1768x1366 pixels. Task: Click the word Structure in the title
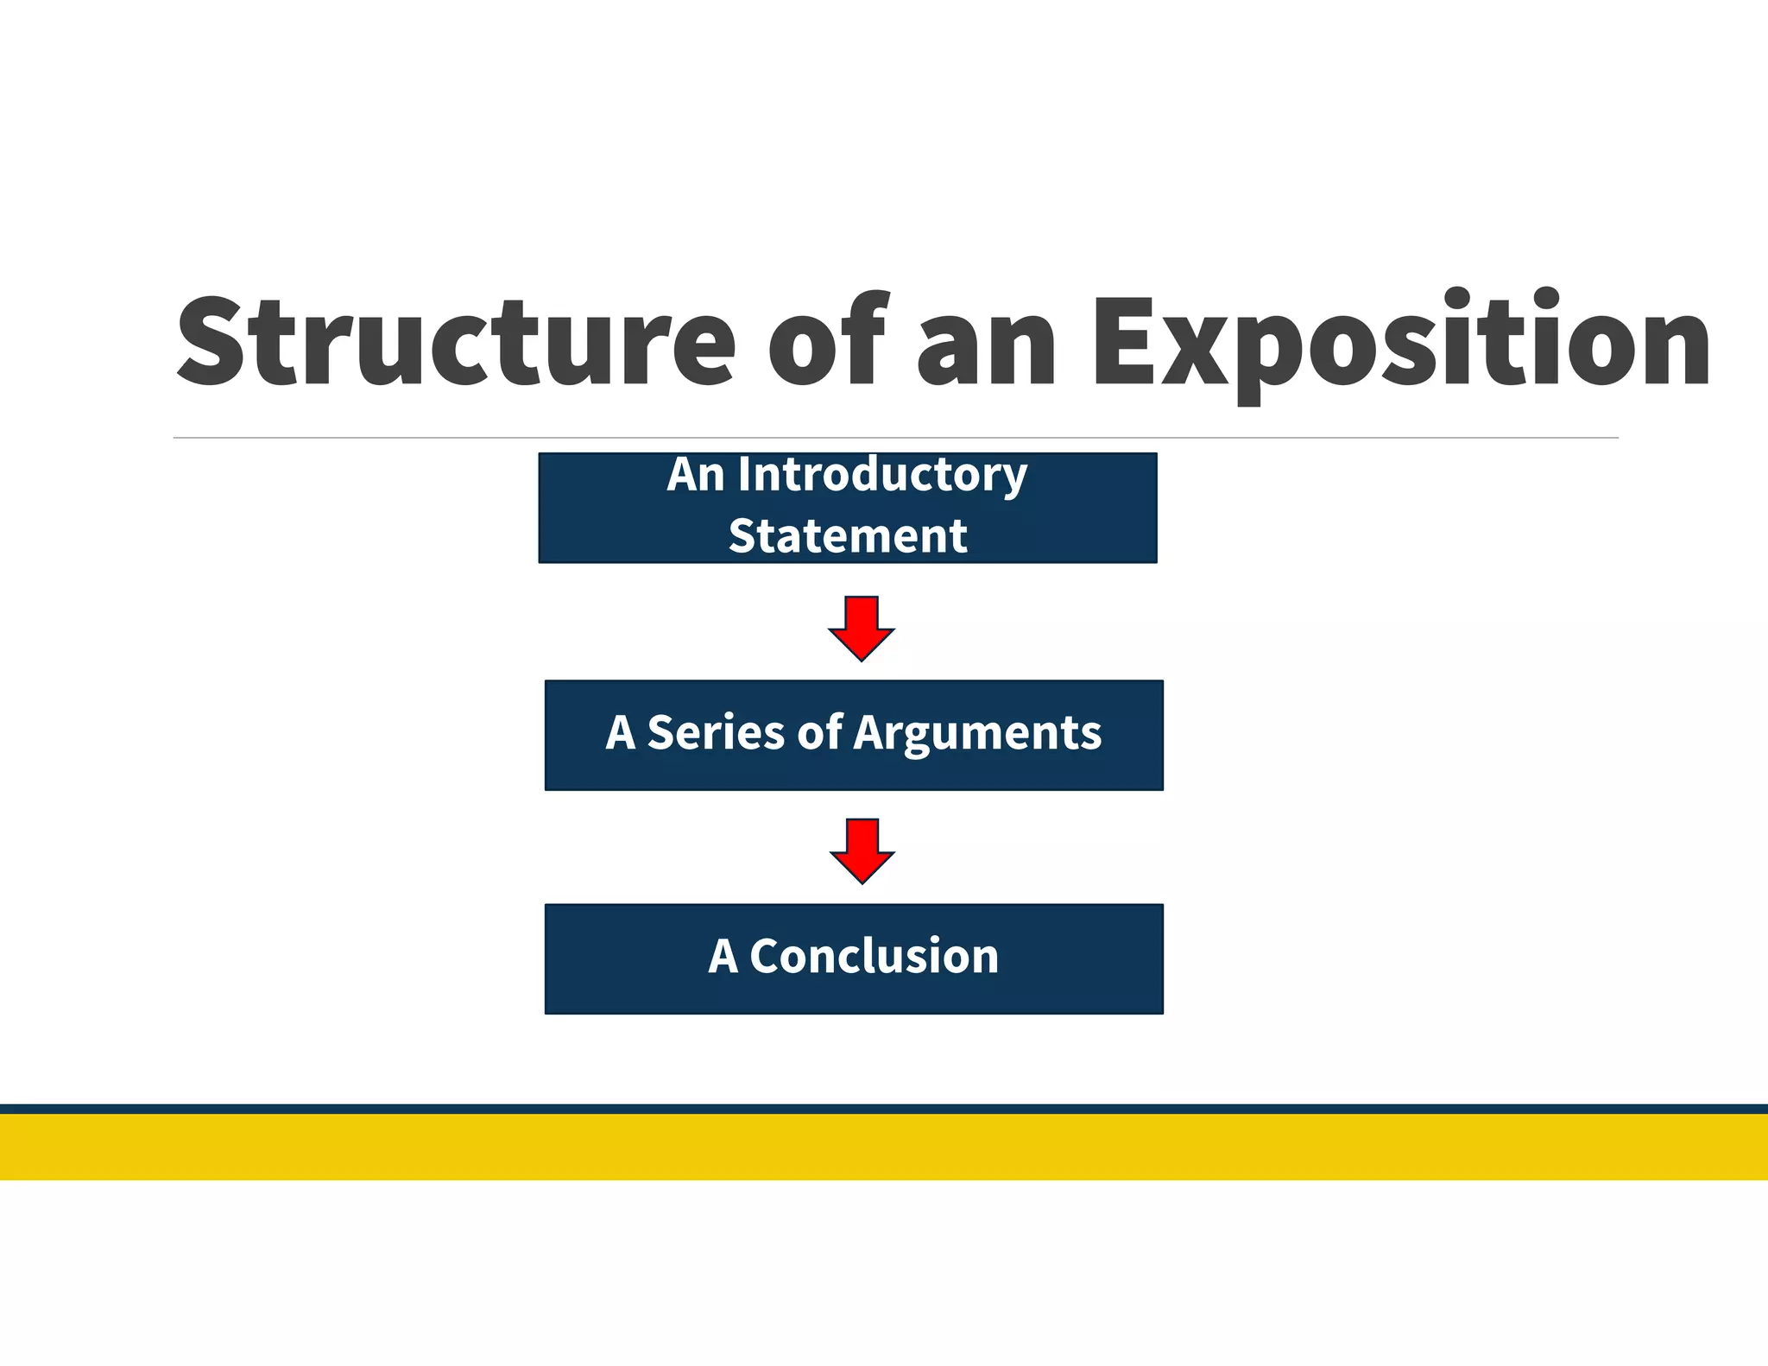click(x=455, y=341)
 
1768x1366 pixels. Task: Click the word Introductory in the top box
click(x=881, y=476)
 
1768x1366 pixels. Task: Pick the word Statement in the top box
click(x=848, y=536)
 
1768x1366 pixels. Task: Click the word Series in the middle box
click(x=716, y=733)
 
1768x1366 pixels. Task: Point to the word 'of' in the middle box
click(x=819, y=732)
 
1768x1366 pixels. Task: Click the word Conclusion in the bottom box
click(x=874, y=957)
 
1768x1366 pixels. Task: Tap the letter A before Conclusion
click(x=723, y=957)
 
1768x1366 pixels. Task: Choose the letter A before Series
click(x=621, y=733)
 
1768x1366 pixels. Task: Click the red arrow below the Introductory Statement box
click(x=862, y=627)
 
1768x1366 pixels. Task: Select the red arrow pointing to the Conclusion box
click(x=862, y=850)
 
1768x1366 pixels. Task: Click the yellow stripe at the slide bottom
click(x=884, y=1147)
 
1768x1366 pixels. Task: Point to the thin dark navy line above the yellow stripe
click(x=884, y=1109)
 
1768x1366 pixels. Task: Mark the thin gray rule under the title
click(x=895, y=438)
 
